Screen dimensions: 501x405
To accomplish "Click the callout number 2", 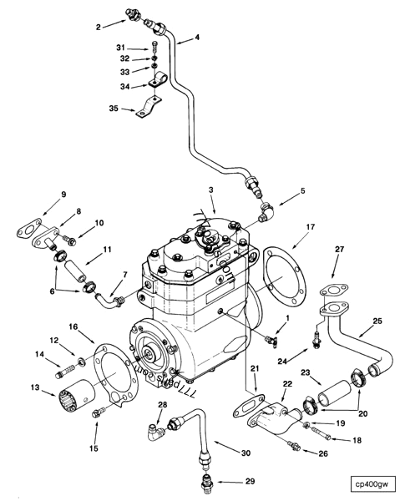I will (99, 27).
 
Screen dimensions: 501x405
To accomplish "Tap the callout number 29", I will (248, 482).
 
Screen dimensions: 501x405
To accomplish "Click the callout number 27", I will (338, 248).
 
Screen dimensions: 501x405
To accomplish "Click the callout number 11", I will (106, 250).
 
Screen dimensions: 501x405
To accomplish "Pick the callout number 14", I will (38, 355).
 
